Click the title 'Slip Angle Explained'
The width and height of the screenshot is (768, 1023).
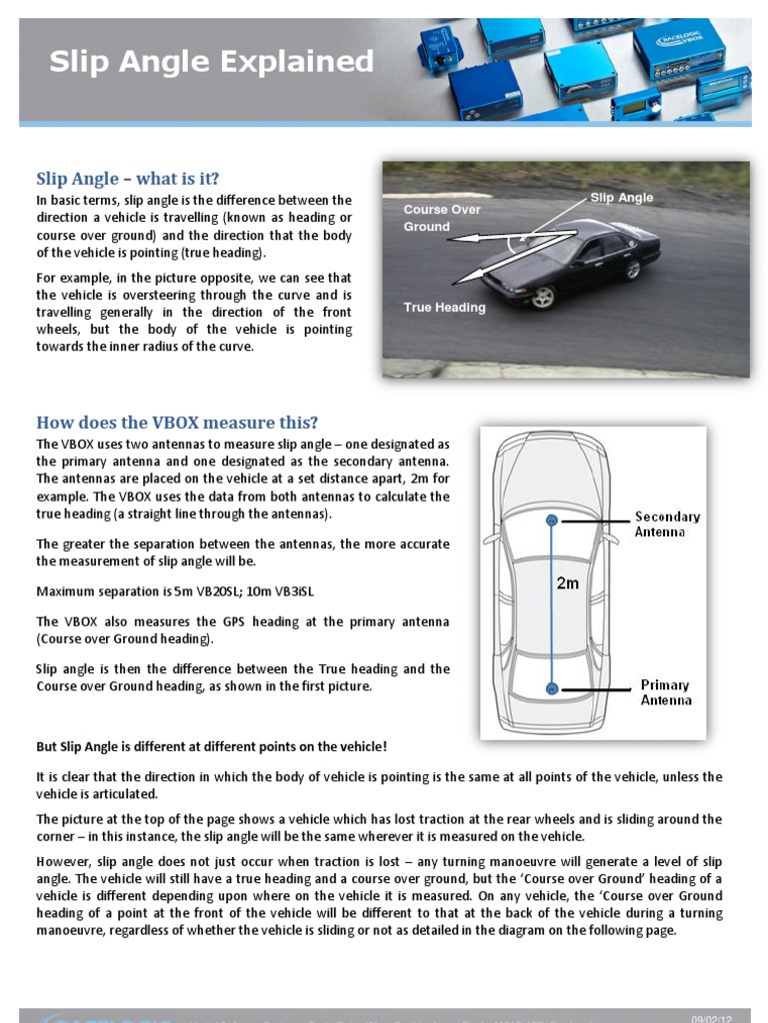212,62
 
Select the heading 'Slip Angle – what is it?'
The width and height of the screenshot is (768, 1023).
128,179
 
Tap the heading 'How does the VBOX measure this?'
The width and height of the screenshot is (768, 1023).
177,423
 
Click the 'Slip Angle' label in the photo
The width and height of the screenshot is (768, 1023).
621,198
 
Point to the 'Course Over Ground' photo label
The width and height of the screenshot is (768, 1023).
441,218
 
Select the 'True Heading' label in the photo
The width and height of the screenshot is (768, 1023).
444,308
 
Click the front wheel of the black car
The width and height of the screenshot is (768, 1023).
543,297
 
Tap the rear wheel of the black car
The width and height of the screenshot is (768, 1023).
631,269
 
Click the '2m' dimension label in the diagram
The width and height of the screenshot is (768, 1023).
567,583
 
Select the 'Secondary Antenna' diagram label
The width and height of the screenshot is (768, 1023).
667,524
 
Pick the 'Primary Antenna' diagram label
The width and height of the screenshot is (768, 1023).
666,692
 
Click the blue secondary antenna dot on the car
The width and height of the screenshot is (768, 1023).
551,519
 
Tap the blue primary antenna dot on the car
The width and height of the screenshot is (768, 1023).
551,687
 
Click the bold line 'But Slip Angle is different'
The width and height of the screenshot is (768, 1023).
211,747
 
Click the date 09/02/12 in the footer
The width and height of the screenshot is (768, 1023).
712,1018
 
